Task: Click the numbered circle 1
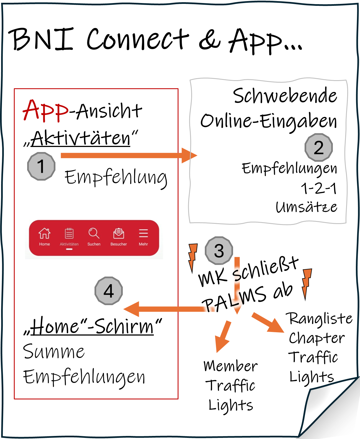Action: tap(41, 166)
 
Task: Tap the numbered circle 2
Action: tap(318, 148)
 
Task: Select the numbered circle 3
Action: tap(219, 251)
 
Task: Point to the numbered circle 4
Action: tap(109, 291)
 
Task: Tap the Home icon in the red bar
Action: tap(44, 233)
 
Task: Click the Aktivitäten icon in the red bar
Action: tap(69, 233)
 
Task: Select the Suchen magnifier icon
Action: tap(94, 233)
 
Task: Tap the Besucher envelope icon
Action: tap(119, 233)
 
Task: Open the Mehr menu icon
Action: tap(143, 233)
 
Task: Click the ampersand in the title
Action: tap(210, 40)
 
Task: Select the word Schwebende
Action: tap(285, 96)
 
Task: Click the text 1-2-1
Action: tap(319, 189)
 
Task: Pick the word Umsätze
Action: tap(307, 207)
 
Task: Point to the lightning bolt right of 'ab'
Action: tap(306, 283)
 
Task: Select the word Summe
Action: tap(54, 352)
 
